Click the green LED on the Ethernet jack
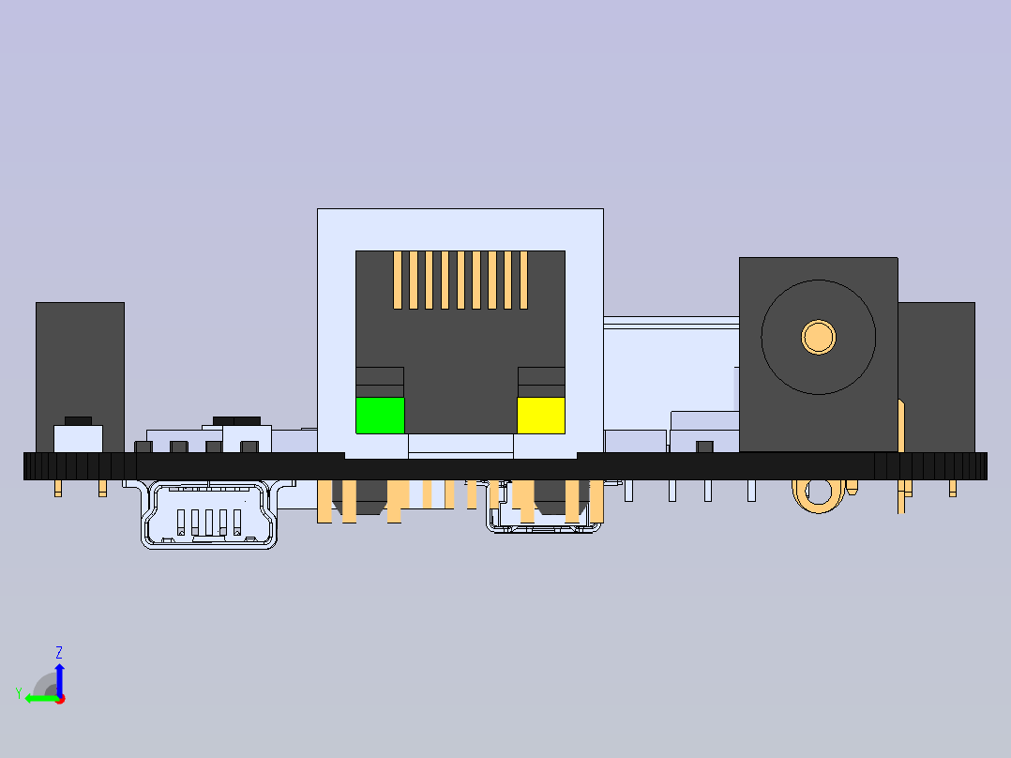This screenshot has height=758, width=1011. point(381,416)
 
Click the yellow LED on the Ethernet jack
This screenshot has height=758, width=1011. point(541,416)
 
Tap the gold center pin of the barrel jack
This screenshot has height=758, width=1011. point(819,338)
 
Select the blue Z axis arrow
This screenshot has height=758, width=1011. point(59,679)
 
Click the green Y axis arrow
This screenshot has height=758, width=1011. point(42,698)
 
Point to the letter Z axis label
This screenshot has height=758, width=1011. point(59,652)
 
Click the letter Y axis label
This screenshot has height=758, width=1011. point(19,693)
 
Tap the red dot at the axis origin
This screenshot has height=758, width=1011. point(60,699)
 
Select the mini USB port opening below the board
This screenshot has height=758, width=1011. point(209,515)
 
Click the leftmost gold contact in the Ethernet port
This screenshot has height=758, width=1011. point(398,280)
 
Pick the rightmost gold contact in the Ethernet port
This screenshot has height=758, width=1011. point(523,280)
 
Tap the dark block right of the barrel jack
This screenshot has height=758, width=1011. point(936,377)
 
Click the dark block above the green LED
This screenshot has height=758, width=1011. point(380,383)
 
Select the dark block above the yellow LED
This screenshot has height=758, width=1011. point(542,383)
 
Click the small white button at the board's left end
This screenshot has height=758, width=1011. point(78,439)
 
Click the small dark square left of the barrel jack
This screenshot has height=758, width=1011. point(704,447)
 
